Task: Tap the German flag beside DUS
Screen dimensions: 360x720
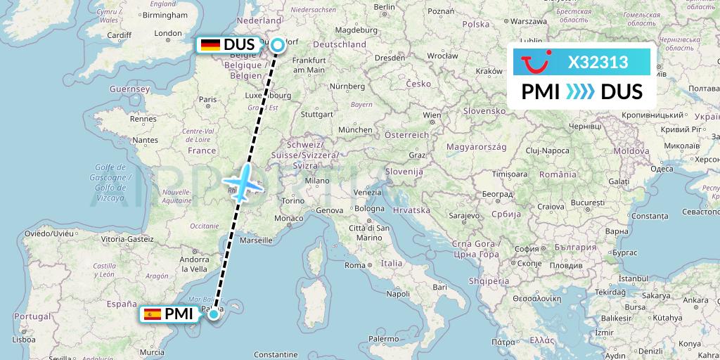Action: (210, 45)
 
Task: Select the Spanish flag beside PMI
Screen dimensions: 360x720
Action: (153, 314)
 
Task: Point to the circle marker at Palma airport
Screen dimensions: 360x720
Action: (213, 314)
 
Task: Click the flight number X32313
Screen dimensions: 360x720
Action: (598, 63)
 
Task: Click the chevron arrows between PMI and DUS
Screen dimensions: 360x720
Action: (580, 92)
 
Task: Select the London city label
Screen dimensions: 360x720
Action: (168, 33)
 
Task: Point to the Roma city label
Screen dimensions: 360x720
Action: (354, 265)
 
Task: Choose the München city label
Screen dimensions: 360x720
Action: (354, 130)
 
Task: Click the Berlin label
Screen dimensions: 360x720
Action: (385, 7)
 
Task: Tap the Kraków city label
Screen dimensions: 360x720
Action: (489, 71)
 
